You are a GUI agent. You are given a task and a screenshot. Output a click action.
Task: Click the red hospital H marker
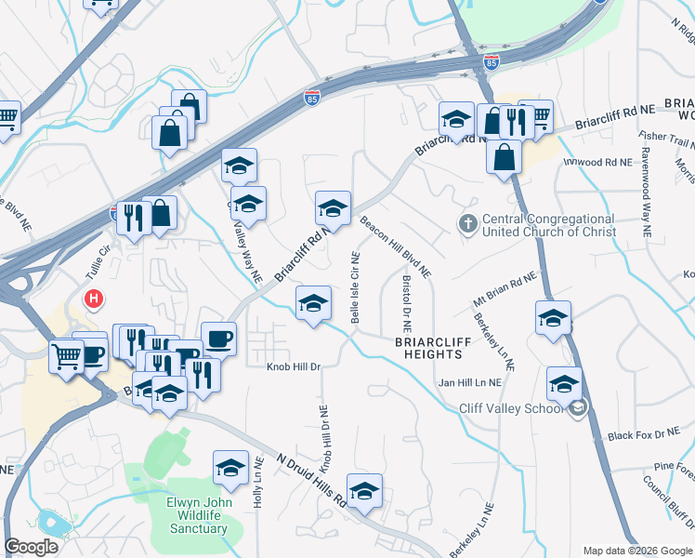pyautogui.click(x=94, y=299)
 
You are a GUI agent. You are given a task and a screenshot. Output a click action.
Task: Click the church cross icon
pyautogui.click(x=468, y=223)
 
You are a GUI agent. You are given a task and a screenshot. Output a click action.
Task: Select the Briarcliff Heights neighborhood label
pyautogui.click(x=428, y=348)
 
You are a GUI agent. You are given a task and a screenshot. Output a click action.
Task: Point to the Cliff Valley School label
pyautogui.click(x=513, y=408)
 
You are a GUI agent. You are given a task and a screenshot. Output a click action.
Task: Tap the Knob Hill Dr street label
pyautogui.click(x=294, y=366)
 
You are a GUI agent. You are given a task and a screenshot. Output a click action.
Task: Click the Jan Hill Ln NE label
pyautogui.click(x=469, y=382)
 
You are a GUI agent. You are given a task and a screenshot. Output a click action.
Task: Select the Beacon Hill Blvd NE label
pyautogui.click(x=397, y=248)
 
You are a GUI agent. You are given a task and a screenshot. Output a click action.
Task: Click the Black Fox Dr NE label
pyautogui.click(x=644, y=434)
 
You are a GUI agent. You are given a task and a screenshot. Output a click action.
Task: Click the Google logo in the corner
pyautogui.click(x=31, y=547)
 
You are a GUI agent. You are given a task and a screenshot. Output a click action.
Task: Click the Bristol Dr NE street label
pyautogui.click(x=406, y=304)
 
